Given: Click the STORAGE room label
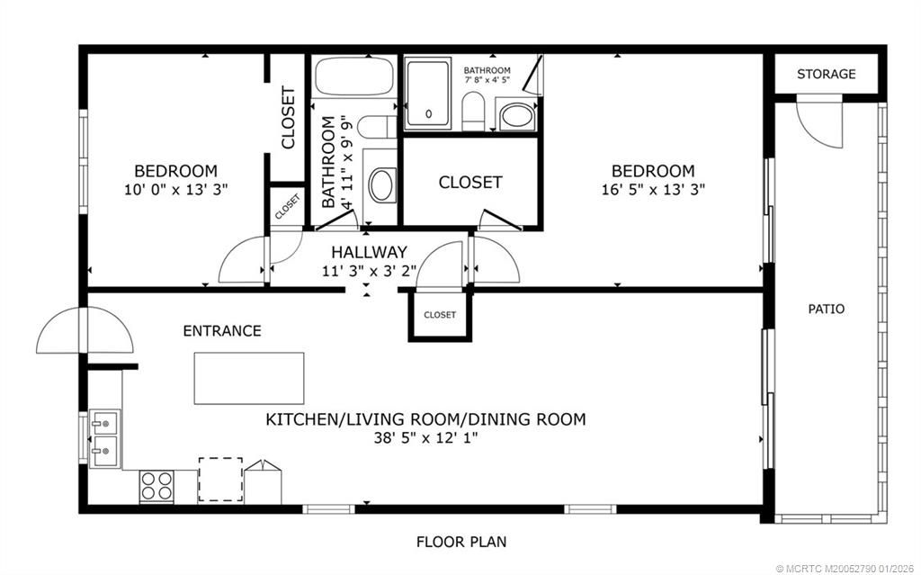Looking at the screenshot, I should [826, 74].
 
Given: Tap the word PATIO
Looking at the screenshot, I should [826, 309].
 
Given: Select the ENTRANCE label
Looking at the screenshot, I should [222, 331].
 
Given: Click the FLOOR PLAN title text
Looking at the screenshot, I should [460, 542].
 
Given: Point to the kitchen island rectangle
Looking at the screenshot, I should [249, 378].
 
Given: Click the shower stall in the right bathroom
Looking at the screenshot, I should [430, 93].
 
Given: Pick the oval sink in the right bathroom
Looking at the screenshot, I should [515, 115].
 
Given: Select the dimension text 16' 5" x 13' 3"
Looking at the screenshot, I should [653, 190].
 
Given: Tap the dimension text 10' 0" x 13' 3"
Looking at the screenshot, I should [175, 190].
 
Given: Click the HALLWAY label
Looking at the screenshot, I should [369, 252].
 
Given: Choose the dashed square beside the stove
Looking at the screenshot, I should [220, 480].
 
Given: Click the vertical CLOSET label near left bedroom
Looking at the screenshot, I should [289, 117].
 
